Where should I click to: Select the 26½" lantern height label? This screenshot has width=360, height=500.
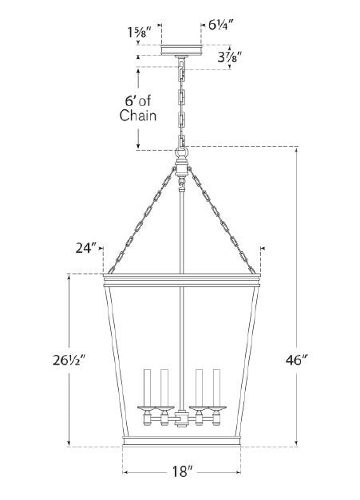[x=69, y=360]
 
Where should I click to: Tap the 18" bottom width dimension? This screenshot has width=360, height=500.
[x=182, y=471]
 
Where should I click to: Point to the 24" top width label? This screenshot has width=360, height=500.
[x=86, y=248]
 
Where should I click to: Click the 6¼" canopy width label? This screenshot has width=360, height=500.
[x=222, y=25]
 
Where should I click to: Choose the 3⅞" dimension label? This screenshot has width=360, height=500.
[x=230, y=57]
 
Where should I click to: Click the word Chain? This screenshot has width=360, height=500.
[x=138, y=116]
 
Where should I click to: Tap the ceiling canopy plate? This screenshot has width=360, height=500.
[x=181, y=50]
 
